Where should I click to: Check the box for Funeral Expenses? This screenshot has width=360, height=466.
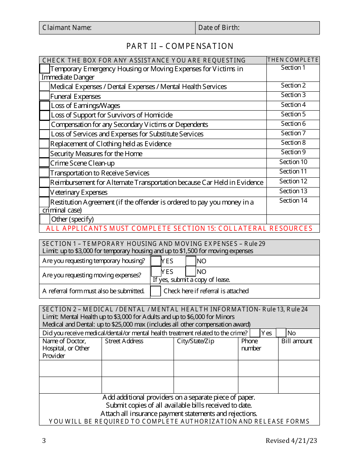[x=45, y=96]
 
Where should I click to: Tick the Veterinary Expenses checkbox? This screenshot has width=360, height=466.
[x=45, y=192]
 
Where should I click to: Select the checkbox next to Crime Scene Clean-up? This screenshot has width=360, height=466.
[x=45, y=163]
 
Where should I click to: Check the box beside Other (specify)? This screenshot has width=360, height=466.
[x=45, y=219]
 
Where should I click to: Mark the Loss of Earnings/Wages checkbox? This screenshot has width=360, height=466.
[x=45, y=106]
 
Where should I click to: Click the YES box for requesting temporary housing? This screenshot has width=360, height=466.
[x=156, y=261]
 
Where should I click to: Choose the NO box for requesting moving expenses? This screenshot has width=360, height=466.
[x=191, y=271]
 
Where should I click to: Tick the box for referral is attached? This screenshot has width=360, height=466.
[x=155, y=291]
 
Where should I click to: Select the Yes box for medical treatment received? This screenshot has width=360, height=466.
[x=255, y=333]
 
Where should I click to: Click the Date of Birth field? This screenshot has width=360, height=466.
[x=279, y=28]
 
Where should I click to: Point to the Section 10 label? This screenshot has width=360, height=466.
[x=293, y=162]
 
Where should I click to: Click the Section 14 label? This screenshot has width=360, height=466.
[x=293, y=201]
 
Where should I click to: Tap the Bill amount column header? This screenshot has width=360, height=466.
[x=297, y=341]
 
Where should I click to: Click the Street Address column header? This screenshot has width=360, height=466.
[x=124, y=341]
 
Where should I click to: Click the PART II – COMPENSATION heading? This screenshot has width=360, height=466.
[x=180, y=46]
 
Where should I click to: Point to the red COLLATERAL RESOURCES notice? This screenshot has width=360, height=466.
[x=179, y=228]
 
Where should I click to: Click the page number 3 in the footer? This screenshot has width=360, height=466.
[x=44, y=441]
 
